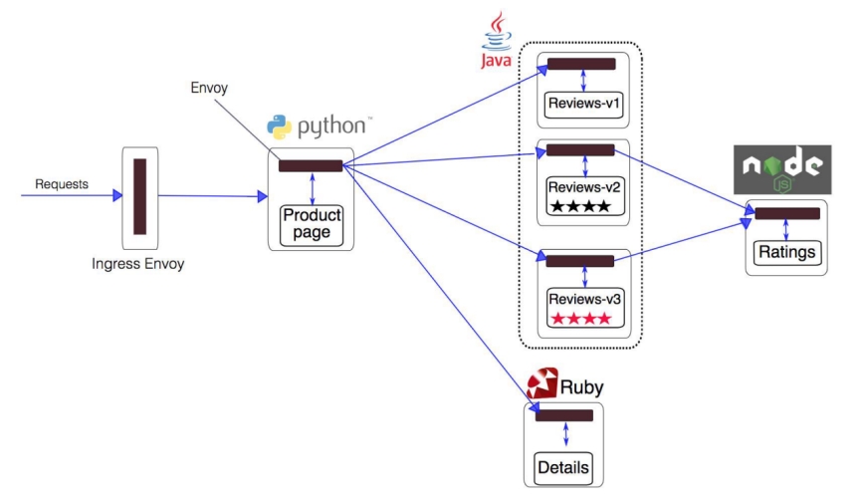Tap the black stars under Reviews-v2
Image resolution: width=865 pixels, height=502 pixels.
pos(583,206)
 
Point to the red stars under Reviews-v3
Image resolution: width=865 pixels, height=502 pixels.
pos(583,318)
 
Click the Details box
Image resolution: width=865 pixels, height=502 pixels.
pos(562,467)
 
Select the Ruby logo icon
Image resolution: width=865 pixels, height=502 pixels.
pos(541,383)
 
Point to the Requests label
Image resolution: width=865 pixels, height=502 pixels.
pos(62,184)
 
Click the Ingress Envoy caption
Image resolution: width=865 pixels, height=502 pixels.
pos(138,264)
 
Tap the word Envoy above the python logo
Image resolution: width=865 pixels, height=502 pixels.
pos(209,88)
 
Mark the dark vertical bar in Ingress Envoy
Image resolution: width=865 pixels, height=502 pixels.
pos(139,196)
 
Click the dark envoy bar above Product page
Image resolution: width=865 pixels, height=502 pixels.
pos(311,166)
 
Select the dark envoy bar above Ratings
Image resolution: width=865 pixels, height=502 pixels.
pos(787,213)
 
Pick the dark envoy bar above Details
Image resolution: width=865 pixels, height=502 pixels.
pos(563,415)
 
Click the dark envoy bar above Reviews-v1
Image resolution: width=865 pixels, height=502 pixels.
pos(581,64)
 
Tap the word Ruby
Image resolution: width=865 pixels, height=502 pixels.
pos(581,386)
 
